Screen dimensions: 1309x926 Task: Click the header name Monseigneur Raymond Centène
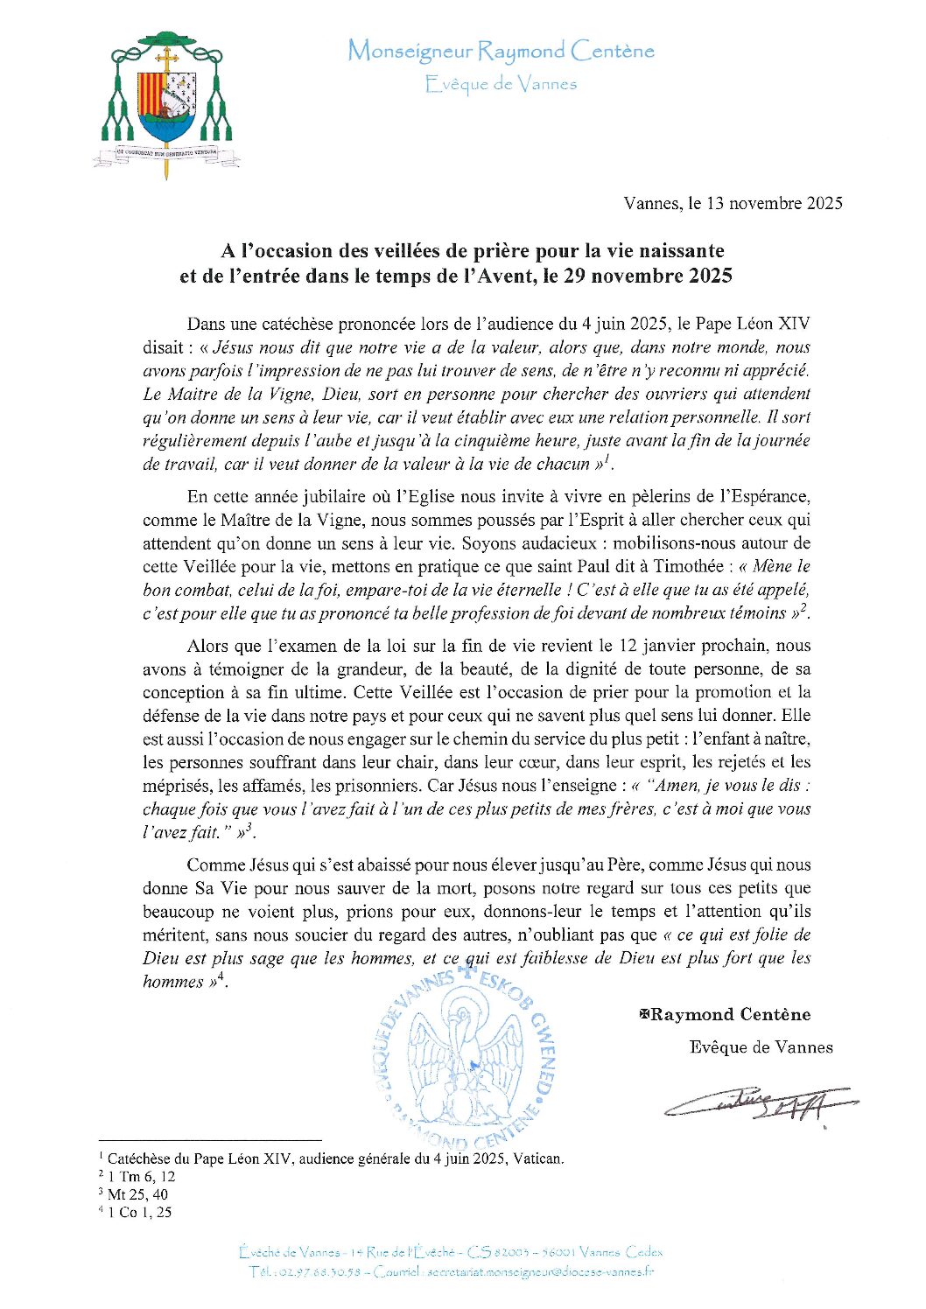coord(501,52)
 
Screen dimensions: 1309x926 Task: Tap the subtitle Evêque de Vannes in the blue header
coord(501,85)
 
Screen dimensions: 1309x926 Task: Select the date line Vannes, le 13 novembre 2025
coord(733,204)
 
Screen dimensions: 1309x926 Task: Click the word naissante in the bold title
coord(678,251)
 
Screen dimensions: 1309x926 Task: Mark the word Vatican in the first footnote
coord(537,1159)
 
